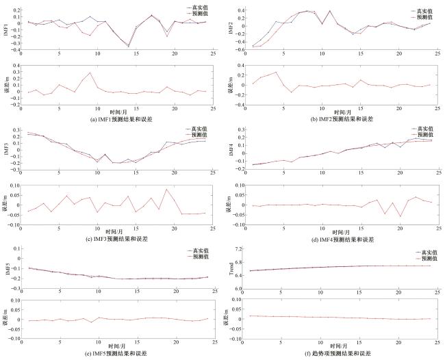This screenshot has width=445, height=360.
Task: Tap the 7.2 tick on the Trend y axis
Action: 238,248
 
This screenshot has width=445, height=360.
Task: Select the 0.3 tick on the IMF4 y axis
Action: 237,128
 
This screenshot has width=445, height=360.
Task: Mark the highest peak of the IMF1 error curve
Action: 90,73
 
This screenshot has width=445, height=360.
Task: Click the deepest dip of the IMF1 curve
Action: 129,46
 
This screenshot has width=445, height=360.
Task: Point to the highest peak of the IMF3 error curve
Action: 166,190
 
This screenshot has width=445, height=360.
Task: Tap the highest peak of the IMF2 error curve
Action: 277,72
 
